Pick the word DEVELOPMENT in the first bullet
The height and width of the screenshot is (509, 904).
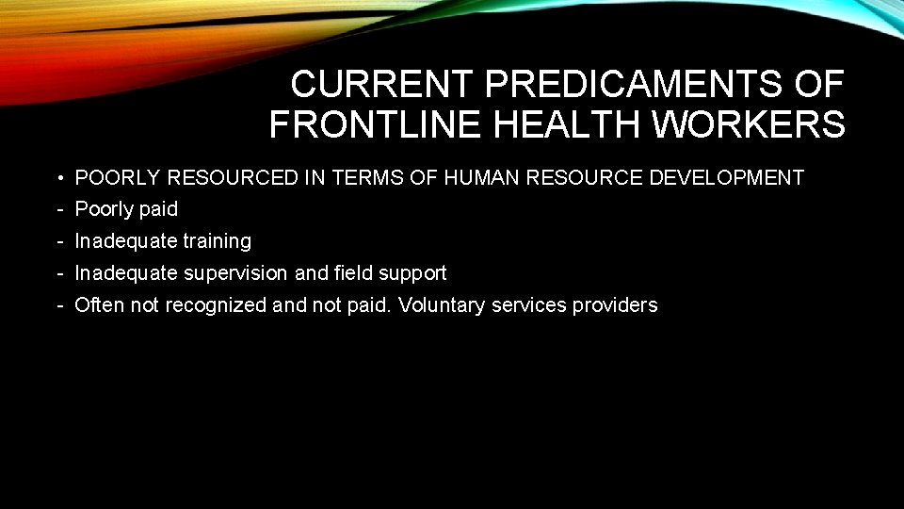pyautogui.click(x=728, y=177)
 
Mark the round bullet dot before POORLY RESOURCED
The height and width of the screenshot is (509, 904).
pyautogui.click(x=58, y=177)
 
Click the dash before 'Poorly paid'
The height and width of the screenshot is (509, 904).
pyautogui.click(x=58, y=209)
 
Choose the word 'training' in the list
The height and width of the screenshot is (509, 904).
pyautogui.click(x=217, y=241)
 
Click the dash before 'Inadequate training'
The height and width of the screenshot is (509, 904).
pyautogui.click(x=58, y=241)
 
